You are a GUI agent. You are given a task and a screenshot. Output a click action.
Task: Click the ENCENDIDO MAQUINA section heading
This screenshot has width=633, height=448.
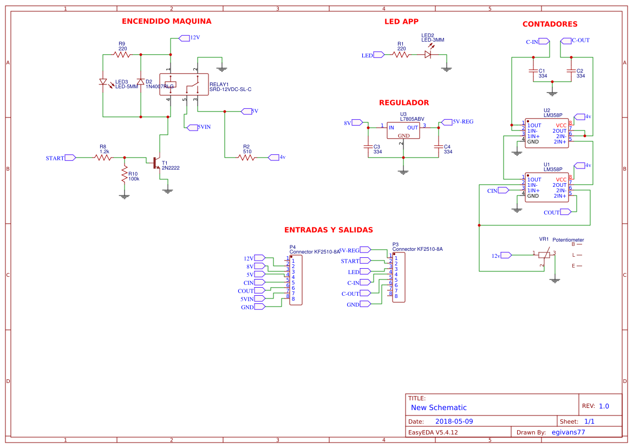pyautogui.click(x=166, y=21)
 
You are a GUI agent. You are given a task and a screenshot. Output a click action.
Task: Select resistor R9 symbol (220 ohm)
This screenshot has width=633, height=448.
pyautogui.click(x=122, y=54)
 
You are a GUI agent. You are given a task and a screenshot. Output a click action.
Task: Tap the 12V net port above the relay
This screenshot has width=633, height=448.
pyautogui.click(x=184, y=38)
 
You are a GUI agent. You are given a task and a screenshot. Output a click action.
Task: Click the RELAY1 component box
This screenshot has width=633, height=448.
pyautogui.click(x=184, y=85)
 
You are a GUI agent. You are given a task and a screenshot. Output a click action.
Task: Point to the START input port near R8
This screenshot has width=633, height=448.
pyautogui.click(x=70, y=158)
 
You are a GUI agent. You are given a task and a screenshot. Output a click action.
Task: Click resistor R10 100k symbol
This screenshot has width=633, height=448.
pyautogui.click(x=125, y=174)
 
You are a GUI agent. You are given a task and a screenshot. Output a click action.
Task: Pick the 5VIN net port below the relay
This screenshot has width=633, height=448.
pyautogui.click(x=192, y=127)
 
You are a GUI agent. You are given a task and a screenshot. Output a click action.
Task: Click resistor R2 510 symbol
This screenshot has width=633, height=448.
pyautogui.click(x=246, y=157)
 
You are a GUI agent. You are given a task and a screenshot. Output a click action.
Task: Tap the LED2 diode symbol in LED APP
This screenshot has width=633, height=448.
pyautogui.click(x=428, y=54)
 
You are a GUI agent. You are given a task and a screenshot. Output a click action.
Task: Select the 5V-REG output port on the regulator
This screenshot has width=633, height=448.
pyautogui.click(x=446, y=122)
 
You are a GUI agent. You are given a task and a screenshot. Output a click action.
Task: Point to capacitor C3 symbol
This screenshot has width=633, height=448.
pyautogui.click(x=368, y=146)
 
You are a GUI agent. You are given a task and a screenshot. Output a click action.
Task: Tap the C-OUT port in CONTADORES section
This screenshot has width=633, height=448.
pyautogui.click(x=566, y=41)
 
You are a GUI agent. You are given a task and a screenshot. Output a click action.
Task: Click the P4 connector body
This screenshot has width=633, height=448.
pyautogui.click(x=296, y=280)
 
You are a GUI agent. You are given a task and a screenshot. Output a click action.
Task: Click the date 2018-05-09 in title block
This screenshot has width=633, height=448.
pyautogui.click(x=454, y=421)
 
